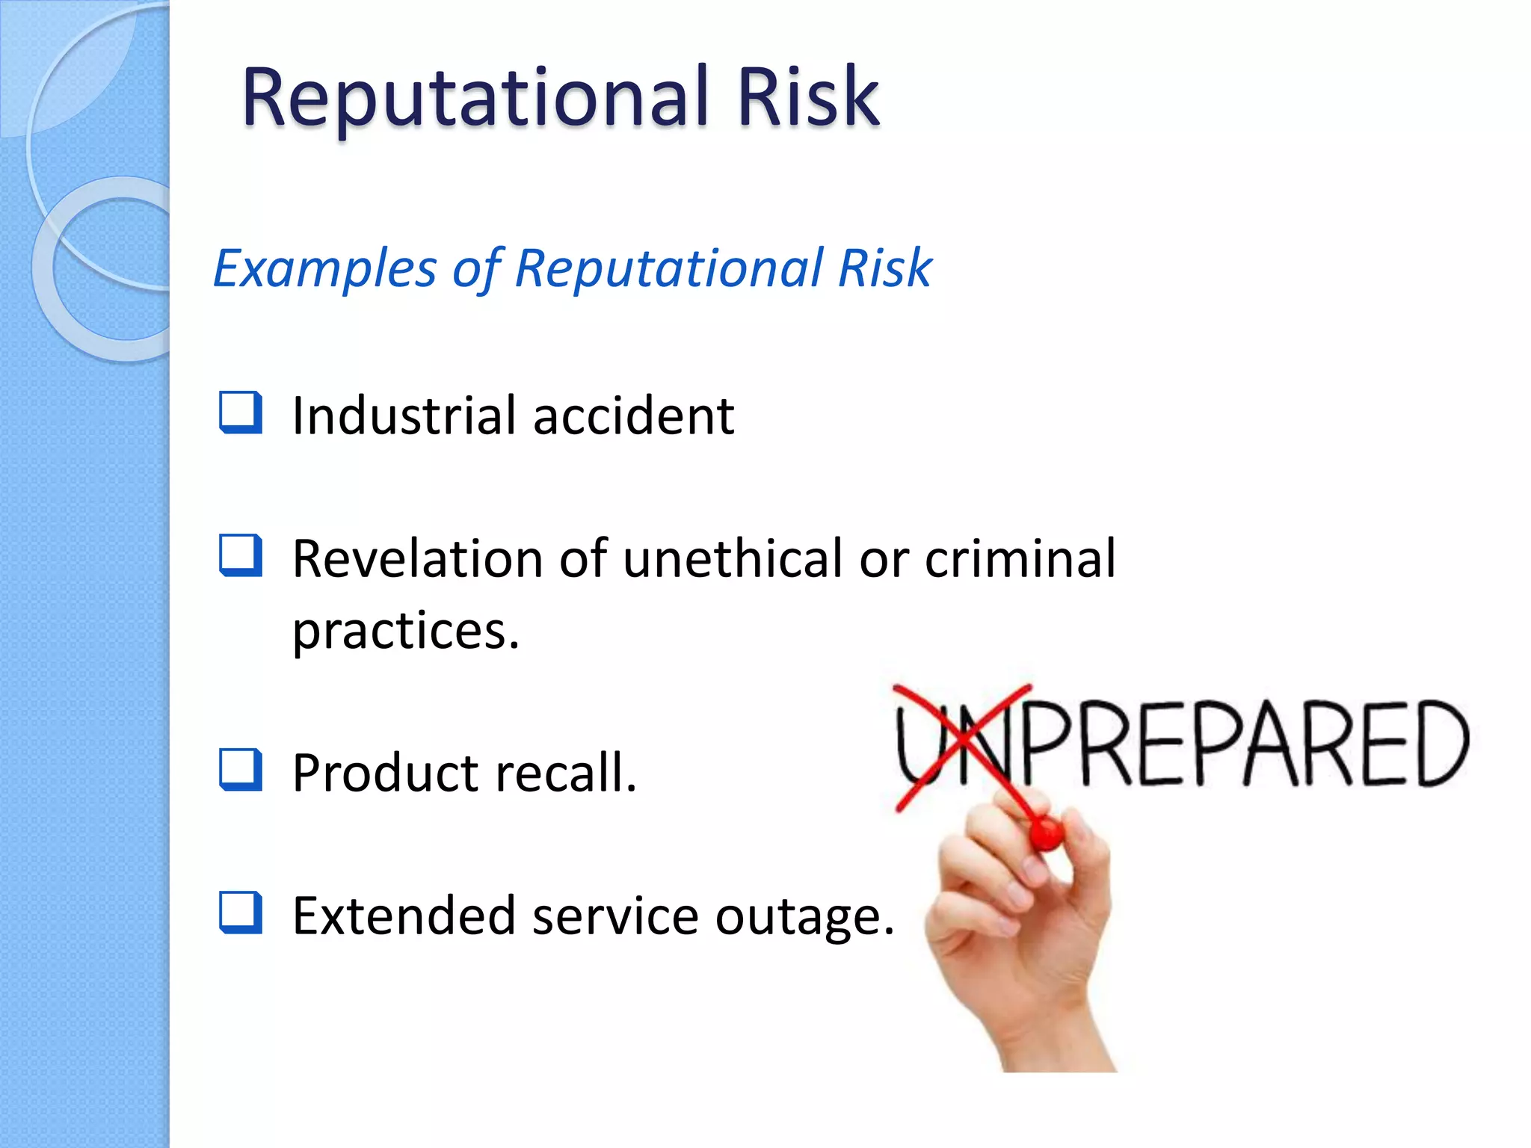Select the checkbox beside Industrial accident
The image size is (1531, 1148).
(241, 413)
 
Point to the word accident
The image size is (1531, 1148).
(633, 416)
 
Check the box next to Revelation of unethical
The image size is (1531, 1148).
(241, 555)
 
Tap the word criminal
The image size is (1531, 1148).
(1020, 558)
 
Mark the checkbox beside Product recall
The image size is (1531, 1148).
(241, 770)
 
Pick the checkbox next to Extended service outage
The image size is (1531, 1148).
(241, 913)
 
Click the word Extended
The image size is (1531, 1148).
(404, 916)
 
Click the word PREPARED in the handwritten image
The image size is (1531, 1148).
(1241, 744)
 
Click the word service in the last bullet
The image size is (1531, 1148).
(614, 916)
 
